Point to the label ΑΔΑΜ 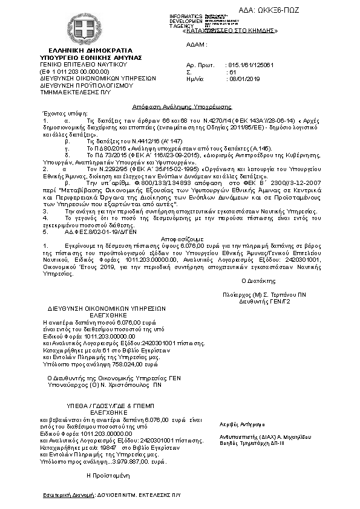click(197, 45)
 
